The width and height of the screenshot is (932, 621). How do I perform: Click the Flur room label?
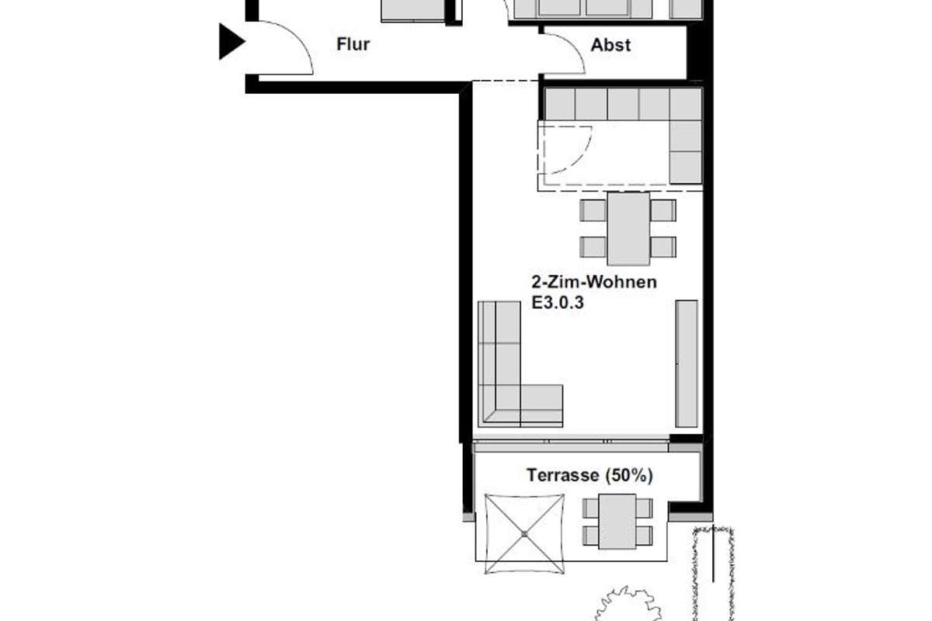pos(353,44)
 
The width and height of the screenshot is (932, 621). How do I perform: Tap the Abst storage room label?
pos(610,45)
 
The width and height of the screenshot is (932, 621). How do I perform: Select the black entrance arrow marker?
pos(231,41)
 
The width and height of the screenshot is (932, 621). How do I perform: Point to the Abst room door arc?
pos(572,46)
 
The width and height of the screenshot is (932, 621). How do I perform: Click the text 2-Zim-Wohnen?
pos(594,282)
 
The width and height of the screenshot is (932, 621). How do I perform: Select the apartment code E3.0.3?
pos(558,303)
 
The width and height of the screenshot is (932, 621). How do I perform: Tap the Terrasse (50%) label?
pos(589,475)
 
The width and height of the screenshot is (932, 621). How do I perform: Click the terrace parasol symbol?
pos(524,533)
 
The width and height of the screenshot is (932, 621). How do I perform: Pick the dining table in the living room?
pos(628,228)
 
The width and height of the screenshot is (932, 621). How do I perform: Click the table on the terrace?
pos(617,521)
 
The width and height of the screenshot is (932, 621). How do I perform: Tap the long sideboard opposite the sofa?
pos(686,363)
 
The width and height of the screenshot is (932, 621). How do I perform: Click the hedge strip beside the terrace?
pos(714,573)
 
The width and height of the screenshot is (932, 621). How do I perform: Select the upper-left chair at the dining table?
pos(593,210)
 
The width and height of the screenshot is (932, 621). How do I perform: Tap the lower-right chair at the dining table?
pos(663,247)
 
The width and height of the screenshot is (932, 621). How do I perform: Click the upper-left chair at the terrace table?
pos(590,508)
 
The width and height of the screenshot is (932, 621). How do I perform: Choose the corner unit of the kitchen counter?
pos(685,104)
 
